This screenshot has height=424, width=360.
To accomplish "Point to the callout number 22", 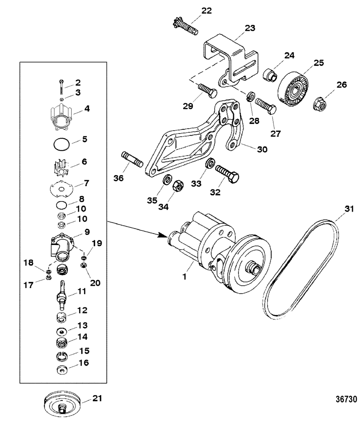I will [206, 11].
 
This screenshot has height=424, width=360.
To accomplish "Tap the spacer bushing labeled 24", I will [269, 74].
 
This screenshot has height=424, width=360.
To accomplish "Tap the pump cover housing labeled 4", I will [62, 118].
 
